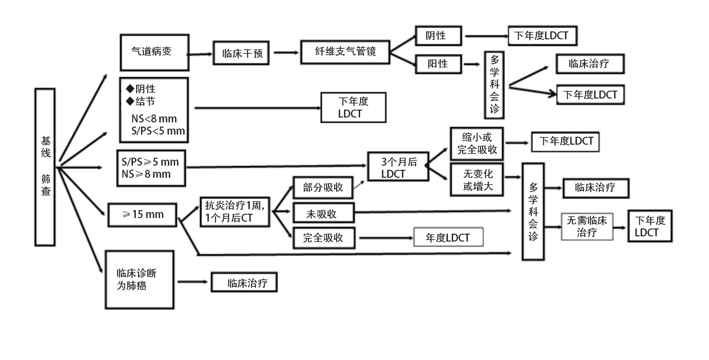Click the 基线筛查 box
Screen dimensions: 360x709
click(45, 167)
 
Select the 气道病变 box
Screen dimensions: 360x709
click(154, 52)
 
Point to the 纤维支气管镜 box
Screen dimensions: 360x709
click(345, 52)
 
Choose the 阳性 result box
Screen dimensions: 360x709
click(438, 64)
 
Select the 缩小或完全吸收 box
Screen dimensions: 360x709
click(477, 143)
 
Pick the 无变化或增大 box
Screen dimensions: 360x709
click(477, 180)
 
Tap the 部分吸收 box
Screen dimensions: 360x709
click(323, 188)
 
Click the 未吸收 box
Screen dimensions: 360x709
click(323, 213)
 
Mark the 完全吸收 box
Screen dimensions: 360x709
click(323, 237)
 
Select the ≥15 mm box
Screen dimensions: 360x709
click(143, 214)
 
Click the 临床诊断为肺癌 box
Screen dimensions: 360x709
click(139, 279)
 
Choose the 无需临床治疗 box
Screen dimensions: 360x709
click(586, 227)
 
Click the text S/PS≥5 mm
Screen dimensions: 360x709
click(150, 162)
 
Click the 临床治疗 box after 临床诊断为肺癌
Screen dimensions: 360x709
click(244, 283)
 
